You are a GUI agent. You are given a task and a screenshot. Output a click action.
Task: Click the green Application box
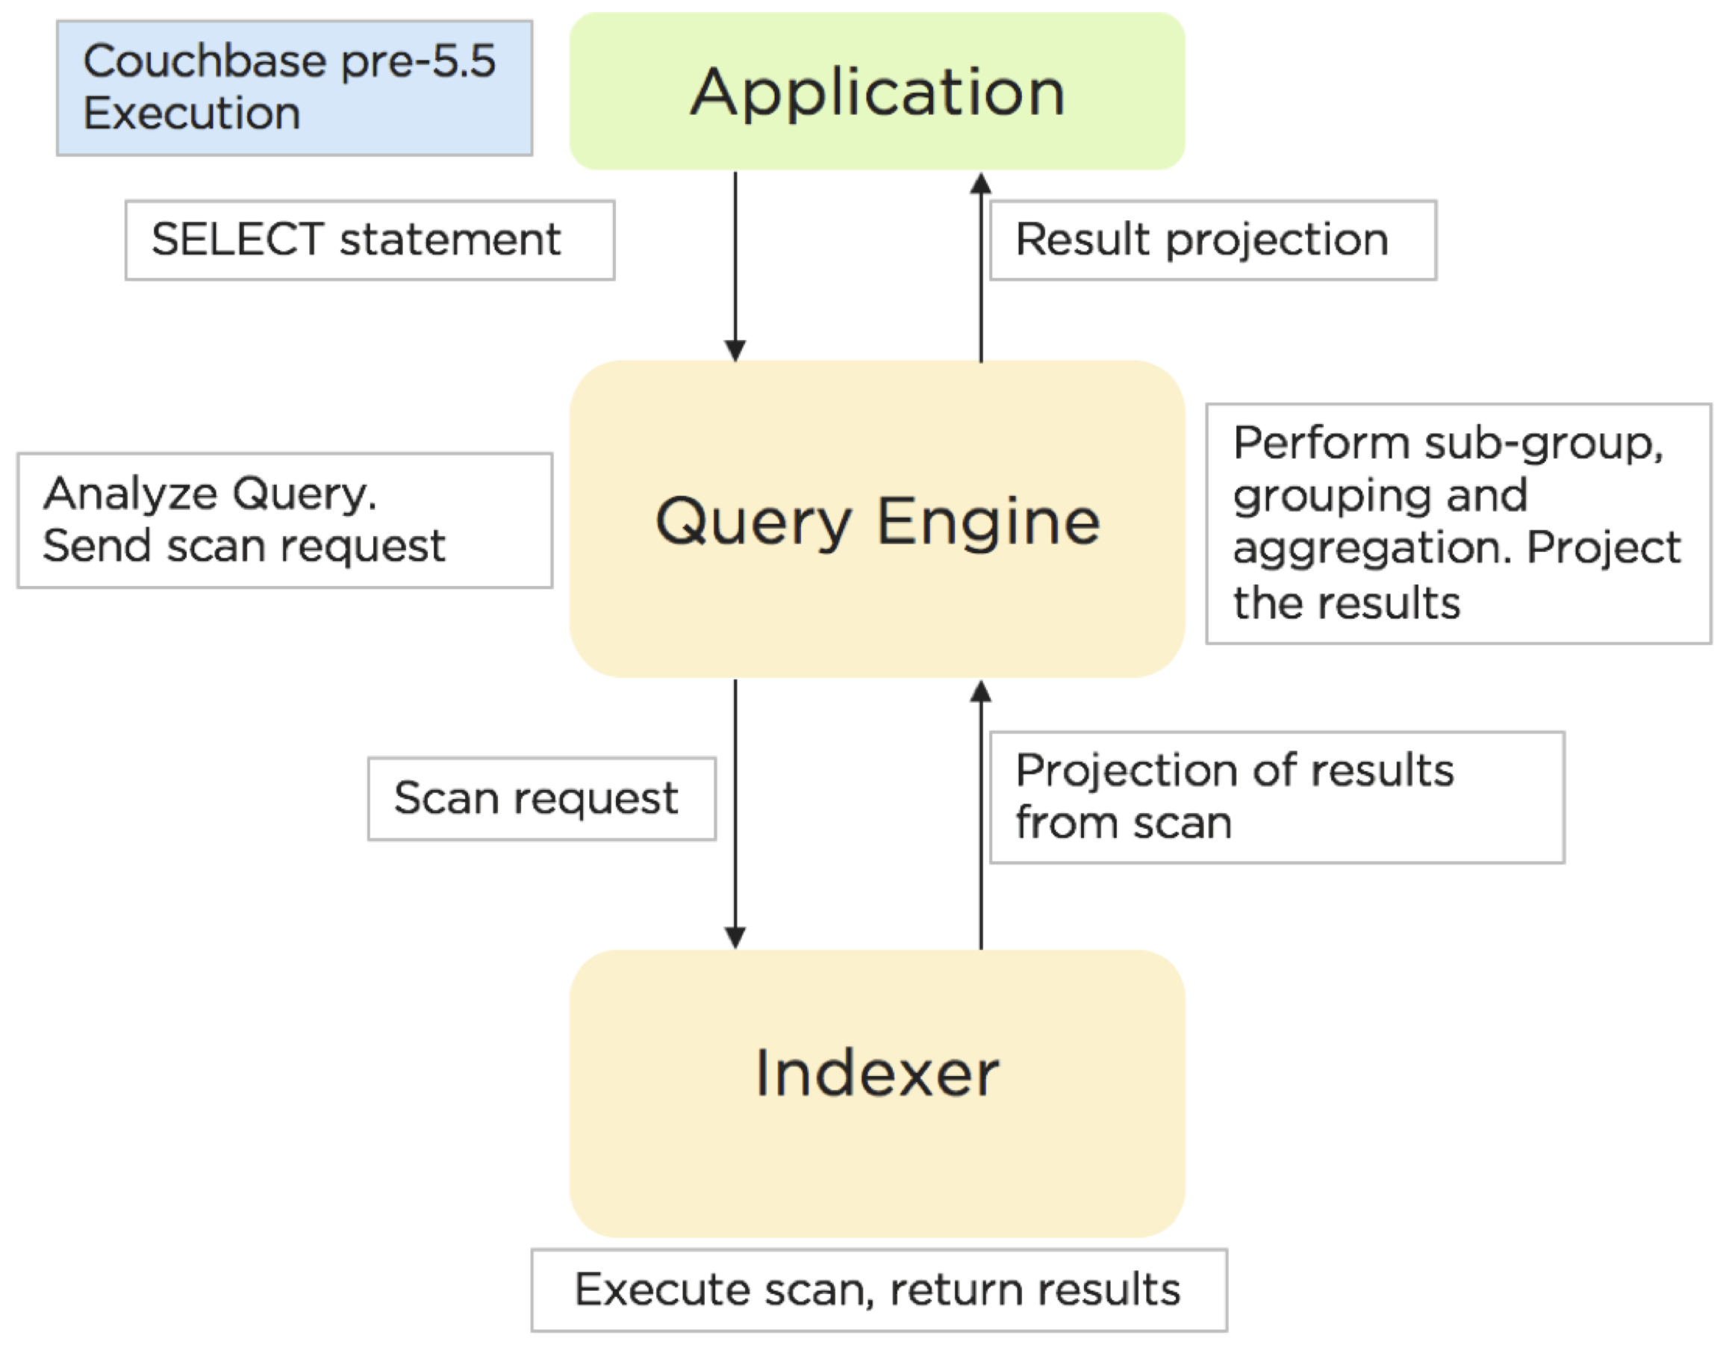876,90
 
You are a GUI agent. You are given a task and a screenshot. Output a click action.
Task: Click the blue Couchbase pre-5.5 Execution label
293,87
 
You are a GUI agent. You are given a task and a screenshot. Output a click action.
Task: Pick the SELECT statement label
369,240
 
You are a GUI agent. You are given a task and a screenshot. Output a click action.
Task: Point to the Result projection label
1212,240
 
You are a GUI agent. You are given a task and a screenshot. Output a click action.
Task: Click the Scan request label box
541,798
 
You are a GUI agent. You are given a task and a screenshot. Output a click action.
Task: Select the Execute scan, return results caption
878,1290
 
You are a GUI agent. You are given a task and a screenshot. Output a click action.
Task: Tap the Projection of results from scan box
1277,797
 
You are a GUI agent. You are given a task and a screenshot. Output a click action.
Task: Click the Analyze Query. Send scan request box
284,520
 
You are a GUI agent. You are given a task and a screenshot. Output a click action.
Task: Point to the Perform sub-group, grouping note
1457,523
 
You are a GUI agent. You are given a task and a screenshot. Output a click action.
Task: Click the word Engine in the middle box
989,522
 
